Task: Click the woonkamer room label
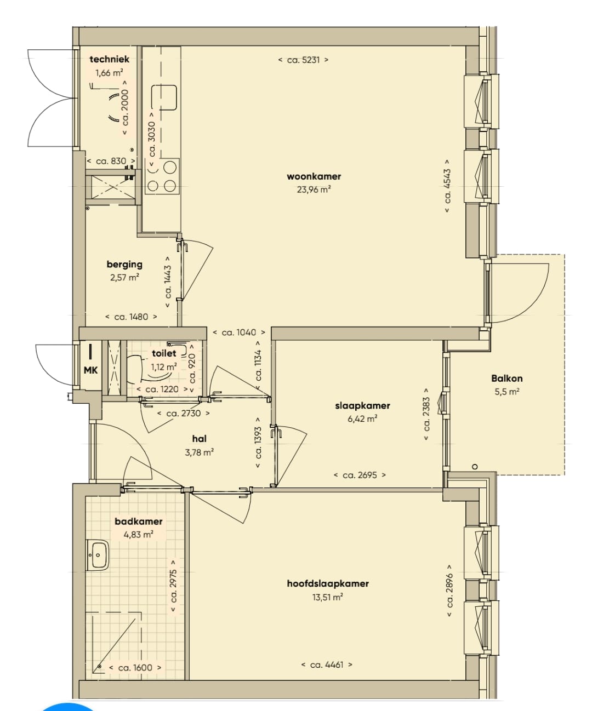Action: coord(314,176)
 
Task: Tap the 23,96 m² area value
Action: coord(314,190)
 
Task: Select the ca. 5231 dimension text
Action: coord(303,60)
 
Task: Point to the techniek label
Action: coord(110,59)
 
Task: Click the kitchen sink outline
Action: coord(164,98)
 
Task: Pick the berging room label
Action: coord(124,264)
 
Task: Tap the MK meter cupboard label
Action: coord(90,370)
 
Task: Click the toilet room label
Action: coord(164,353)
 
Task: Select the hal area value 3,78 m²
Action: coord(199,452)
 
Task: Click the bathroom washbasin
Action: coord(98,555)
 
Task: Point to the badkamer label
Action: coord(138,521)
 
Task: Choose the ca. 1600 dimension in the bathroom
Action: coord(135,667)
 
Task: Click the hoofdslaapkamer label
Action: coord(328,584)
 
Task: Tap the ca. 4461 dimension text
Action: coord(327,664)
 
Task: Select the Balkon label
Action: coord(507,379)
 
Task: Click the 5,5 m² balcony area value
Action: coord(507,392)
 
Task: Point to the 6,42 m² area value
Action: coord(362,418)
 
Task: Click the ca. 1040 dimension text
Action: coord(239,332)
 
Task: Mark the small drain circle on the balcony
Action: coord(475,467)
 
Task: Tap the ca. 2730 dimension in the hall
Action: coord(184,414)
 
